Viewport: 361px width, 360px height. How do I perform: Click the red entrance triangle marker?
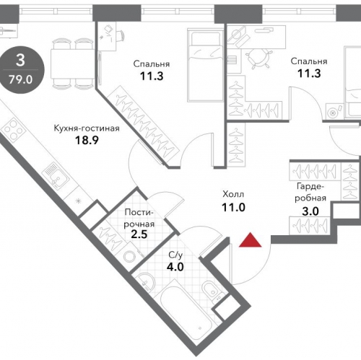coord(250,241)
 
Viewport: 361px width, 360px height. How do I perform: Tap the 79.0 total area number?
coord(20,79)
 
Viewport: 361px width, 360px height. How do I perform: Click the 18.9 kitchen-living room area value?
coord(87,140)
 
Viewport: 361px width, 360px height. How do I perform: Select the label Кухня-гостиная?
coord(87,128)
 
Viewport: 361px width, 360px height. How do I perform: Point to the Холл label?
coord(233,194)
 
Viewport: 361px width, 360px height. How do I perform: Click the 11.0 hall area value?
coord(233,207)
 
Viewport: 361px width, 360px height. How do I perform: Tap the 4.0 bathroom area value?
coord(175,267)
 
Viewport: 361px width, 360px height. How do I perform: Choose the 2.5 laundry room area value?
coord(139,234)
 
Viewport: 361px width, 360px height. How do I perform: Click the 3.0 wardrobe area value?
coord(310,211)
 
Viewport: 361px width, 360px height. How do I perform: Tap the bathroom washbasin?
coord(145,283)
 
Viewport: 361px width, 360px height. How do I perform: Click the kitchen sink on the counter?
coord(56,175)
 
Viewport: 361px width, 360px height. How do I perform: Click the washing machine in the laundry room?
coord(130,255)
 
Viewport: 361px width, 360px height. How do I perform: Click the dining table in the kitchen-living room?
coord(71,63)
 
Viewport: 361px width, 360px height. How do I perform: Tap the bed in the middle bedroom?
coord(206,65)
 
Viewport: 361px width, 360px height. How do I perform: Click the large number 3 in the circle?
coord(20,60)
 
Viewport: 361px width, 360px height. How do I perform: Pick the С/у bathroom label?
coord(175,255)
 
